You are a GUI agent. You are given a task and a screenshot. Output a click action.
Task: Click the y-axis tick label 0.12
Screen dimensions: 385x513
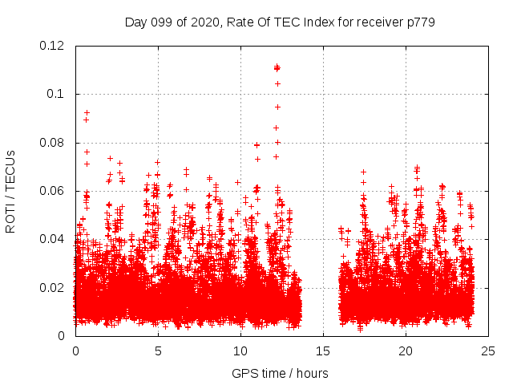tap(52, 46)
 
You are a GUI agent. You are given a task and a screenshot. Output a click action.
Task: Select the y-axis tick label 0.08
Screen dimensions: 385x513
tap(52, 143)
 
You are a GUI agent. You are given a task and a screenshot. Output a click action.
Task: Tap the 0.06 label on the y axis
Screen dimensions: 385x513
tap(52, 191)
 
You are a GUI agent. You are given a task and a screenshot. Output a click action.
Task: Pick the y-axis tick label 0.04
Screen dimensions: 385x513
tap(52, 239)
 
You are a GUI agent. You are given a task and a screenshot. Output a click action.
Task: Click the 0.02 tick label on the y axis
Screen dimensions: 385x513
tap(52, 287)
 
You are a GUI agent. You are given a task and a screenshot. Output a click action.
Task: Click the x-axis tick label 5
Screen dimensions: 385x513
tap(158, 351)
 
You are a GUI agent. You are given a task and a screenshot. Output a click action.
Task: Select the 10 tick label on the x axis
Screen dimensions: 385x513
tap(240, 351)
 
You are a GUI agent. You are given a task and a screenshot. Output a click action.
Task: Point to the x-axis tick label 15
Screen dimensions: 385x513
tap(323, 351)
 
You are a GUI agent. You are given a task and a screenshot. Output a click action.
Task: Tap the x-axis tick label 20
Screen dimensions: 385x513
tap(406, 351)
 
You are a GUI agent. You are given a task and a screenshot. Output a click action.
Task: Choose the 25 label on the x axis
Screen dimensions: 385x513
tap(488, 351)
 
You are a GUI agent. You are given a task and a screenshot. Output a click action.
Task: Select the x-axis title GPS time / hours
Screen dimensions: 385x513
tap(280, 373)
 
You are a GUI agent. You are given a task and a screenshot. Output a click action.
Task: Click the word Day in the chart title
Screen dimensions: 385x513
tap(135, 22)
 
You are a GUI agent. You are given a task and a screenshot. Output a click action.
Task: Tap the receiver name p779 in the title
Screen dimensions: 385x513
tap(422, 22)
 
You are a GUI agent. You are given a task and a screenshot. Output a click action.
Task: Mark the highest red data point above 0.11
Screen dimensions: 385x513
tap(277, 67)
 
